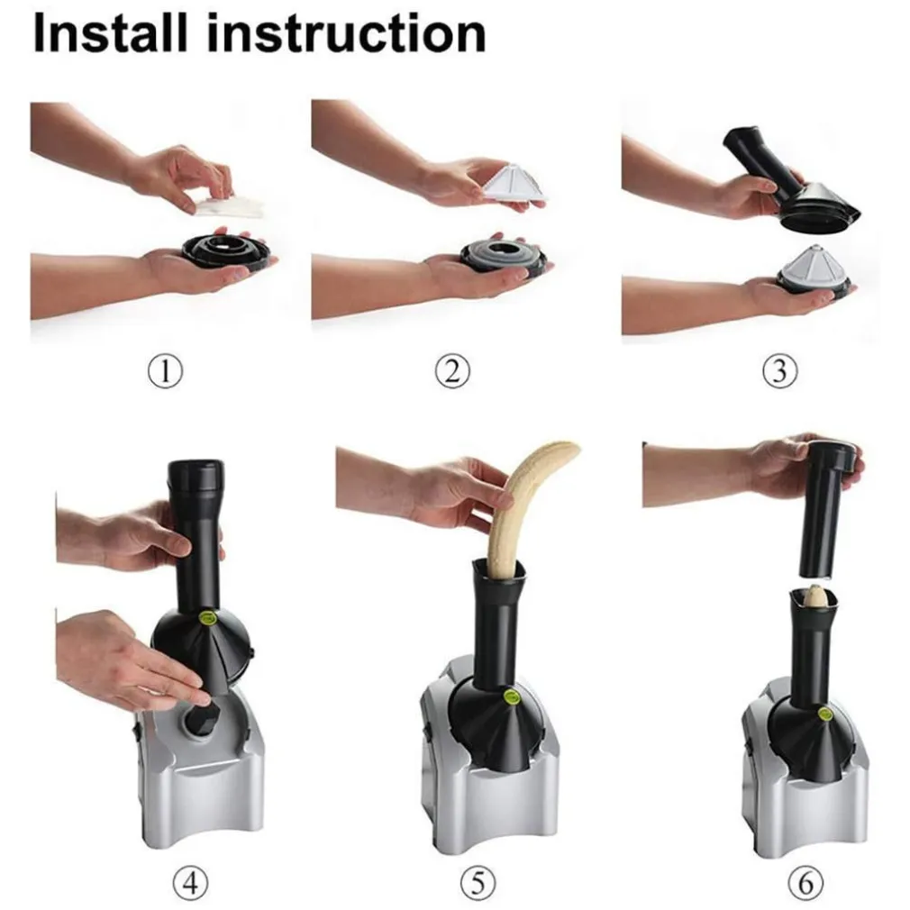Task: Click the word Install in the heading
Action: [111, 34]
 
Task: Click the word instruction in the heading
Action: [347, 34]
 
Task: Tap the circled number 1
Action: [166, 371]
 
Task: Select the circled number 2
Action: [452, 371]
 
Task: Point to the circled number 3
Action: [780, 371]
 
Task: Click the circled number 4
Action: [191, 884]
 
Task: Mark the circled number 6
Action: [806, 884]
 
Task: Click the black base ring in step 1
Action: [226, 250]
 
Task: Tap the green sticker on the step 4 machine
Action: [207, 617]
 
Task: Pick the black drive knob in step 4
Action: [200, 721]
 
